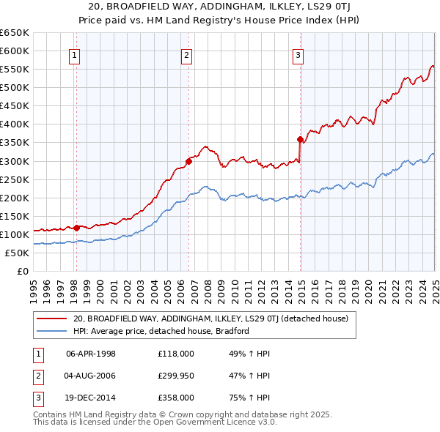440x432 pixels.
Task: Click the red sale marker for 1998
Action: coord(77,228)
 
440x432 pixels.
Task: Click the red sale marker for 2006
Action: coord(188,162)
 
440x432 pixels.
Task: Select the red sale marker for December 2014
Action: coord(300,139)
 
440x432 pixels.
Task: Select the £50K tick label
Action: coord(18,253)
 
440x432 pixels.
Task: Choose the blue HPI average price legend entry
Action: coord(161,331)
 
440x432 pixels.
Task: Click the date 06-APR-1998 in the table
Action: coord(91,354)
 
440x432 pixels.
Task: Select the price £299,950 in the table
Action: coord(176,376)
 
